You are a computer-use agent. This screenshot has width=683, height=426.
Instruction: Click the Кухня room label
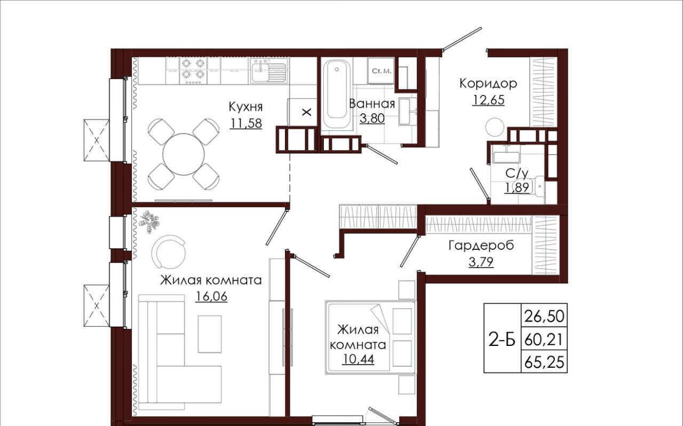(x=245, y=107)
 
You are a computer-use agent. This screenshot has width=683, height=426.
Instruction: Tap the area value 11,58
(x=246, y=123)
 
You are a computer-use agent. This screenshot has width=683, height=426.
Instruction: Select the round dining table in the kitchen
(x=183, y=154)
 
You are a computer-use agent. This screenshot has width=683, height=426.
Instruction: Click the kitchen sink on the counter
(x=268, y=71)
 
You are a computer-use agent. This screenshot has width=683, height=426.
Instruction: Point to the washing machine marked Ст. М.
(x=381, y=71)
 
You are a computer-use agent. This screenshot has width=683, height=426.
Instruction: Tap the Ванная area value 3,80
(x=372, y=119)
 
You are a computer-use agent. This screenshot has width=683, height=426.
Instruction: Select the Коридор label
(x=488, y=83)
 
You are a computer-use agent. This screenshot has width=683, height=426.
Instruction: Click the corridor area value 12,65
(x=488, y=100)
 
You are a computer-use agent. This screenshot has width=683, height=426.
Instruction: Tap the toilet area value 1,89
(x=517, y=187)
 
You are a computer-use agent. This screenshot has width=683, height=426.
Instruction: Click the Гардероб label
(x=481, y=246)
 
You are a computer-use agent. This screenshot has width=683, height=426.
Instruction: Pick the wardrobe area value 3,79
(x=481, y=262)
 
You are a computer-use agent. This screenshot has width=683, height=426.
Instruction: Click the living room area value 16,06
(x=211, y=296)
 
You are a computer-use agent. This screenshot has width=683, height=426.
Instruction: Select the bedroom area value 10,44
(x=358, y=359)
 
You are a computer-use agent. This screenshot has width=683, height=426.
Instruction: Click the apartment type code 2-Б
(x=502, y=340)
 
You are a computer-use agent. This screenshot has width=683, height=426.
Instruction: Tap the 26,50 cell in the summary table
(x=544, y=316)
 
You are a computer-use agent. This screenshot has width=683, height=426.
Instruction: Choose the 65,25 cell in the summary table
(x=544, y=363)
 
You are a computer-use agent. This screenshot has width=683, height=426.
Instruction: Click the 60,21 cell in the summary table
(x=544, y=340)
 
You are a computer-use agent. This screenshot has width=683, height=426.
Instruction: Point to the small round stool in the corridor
(x=495, y=127)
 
